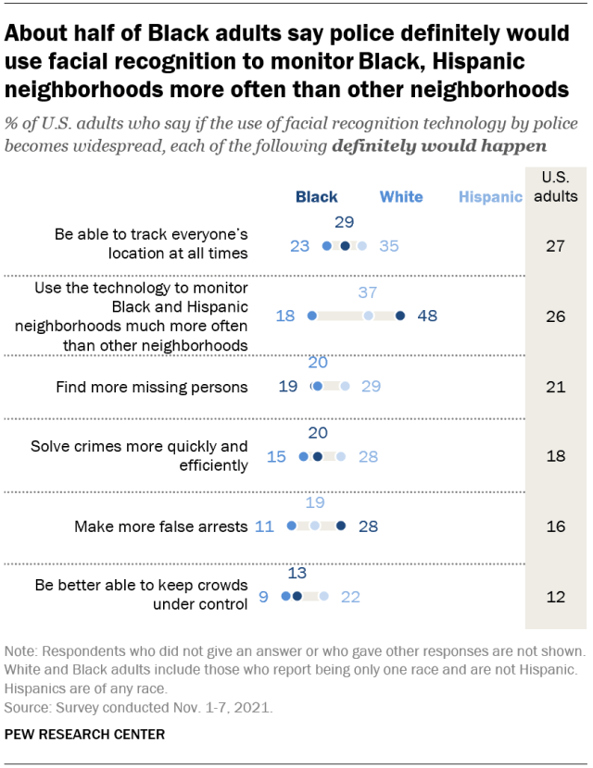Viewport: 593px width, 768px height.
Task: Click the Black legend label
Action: pyautogui.click(x=316, y=197)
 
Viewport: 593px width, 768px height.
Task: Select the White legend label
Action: pyautogui.click(x=401, y=197)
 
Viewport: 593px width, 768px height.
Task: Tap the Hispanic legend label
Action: pyautogui.click(x=490, y=197)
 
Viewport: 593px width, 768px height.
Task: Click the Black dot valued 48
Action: pyautogui.click(x=400, y=316)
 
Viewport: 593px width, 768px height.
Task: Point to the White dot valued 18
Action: pyautogui.click(x=312, y=316)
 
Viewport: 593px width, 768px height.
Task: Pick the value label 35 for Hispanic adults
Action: pyautogui.click(x=389, y=246)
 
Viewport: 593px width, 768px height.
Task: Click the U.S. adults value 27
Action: pyautogui.click(x=555, y=245)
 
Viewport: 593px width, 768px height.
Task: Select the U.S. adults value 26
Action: pyautogui.click(x=555, y=316)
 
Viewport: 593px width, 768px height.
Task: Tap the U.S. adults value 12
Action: pyautogui.click(x=555, y=597)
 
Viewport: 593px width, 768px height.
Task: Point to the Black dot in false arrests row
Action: pyautogui.click(x=340, y=526)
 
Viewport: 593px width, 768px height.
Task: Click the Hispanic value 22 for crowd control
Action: pyautogui.click(x=350, y=597)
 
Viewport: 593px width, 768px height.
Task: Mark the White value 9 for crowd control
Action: pyautogui.click(x=263, y=597)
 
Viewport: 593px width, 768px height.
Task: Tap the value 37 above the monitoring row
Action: pyautogui.click(x=368, y=292)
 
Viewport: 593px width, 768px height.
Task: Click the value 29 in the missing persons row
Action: pyautogui.click(x=372, y=387)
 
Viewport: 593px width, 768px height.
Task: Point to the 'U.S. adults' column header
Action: pyautogui.click(x=556, y=187)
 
